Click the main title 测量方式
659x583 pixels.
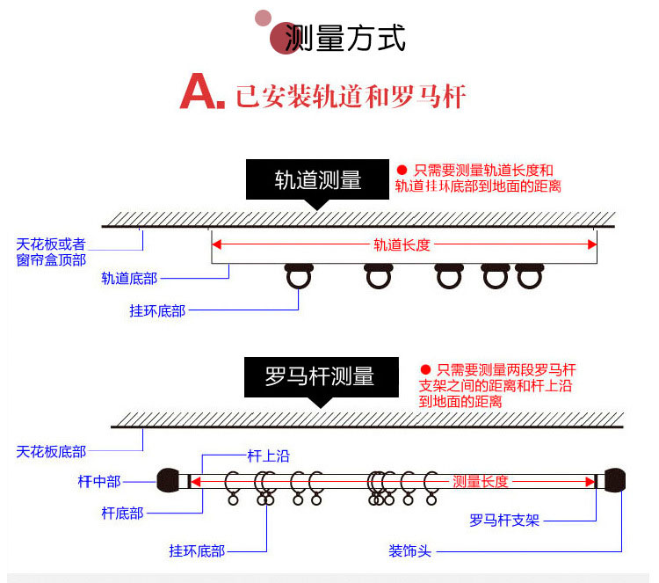(345, 39)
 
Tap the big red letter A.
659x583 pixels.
(199, 93)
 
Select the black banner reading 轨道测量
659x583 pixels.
(317, 180)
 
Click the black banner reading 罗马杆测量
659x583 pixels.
(320, 376)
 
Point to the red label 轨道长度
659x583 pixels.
(402, 244)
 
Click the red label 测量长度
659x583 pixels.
(480, 481)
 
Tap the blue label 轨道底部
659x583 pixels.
(129, 279)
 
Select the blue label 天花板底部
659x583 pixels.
(51, 452)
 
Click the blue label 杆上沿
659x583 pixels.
(268, 455)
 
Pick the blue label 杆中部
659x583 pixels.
(98, 481)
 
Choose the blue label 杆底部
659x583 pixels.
(122, 513)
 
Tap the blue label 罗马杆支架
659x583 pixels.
(504, 521)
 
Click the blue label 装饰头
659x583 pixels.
(409, 551)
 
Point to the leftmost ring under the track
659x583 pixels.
(299, 278)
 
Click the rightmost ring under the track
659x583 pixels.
(527, 278)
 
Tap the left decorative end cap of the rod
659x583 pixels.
(168, 481)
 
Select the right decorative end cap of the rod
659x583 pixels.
(615, 481)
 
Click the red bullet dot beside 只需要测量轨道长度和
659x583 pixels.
(402, 170)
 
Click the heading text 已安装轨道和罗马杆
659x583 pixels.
(350, 95)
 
